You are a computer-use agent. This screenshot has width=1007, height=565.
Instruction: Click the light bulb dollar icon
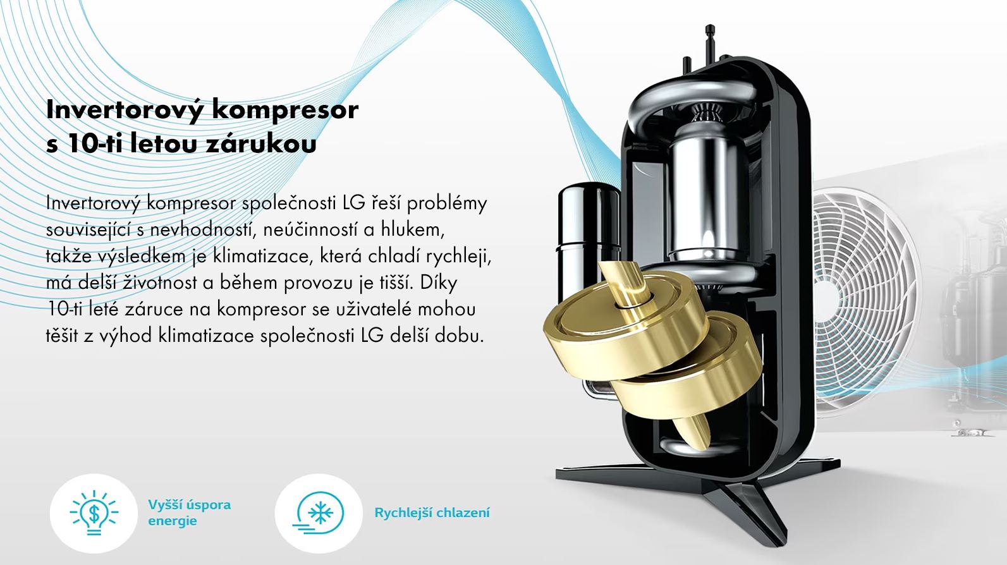click(x=94, y=513)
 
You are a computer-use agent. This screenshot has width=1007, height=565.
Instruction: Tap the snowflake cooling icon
click(x=319, y=513)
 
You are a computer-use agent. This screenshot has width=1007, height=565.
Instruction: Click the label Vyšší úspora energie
click(x=189, y=513)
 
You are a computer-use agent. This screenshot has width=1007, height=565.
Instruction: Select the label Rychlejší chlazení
click(x=432, y=513)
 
